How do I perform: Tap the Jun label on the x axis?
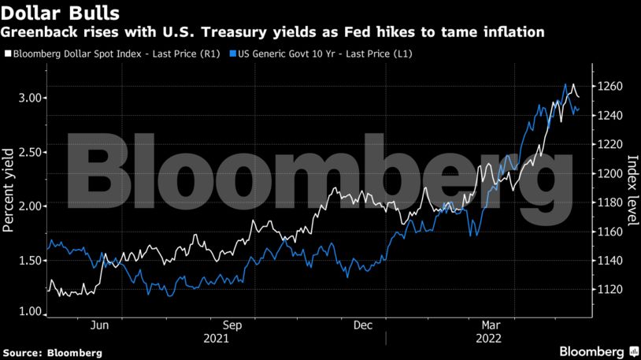(x=101, y=325)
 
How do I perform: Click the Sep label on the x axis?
(x=232, y=325)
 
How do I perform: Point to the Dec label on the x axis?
(x=363, y=325)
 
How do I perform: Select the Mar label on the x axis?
(x=491, y=325)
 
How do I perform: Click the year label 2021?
(x=216, y=339)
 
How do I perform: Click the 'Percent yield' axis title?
(x=9, y=190)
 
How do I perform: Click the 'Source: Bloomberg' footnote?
(x=52, y=351)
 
